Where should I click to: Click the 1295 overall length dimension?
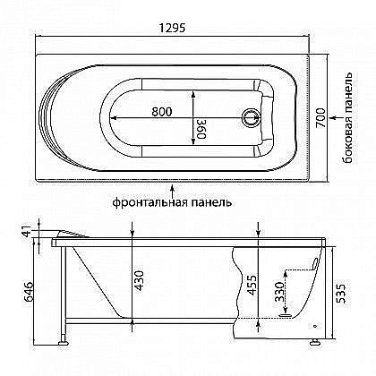172,28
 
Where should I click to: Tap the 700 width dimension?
320,117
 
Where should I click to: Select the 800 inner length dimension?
162,112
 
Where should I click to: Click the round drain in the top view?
252,117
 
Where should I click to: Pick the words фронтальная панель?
172,202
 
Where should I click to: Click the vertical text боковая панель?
348,118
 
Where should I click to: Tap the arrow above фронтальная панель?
172,190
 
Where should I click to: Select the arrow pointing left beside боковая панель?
335,117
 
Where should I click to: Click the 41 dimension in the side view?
28,232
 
